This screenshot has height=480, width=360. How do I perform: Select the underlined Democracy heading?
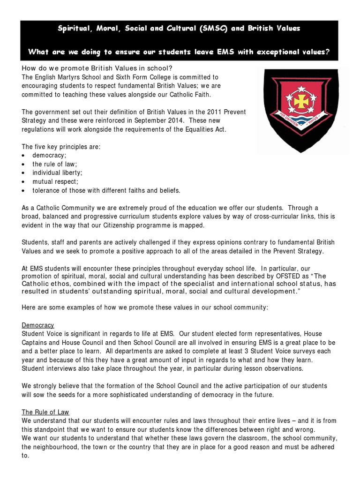(x=38, y=325)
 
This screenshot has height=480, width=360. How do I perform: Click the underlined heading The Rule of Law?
(x=45, y=412)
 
